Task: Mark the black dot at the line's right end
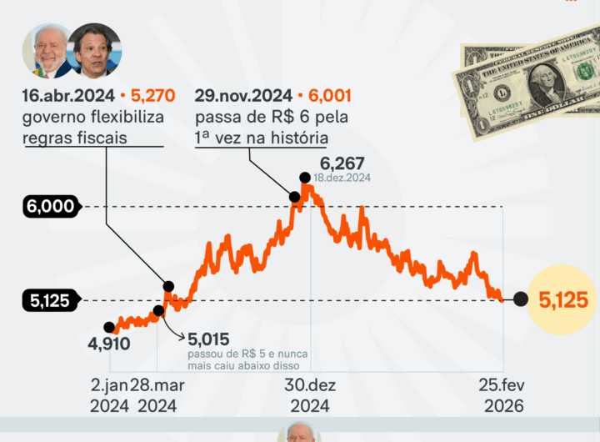click(x=521, y=300)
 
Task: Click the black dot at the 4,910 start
click(x=109, y=327)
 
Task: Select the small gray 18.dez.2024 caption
click(x=342, y=178)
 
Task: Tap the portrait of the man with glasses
click(x=94, y=50)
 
